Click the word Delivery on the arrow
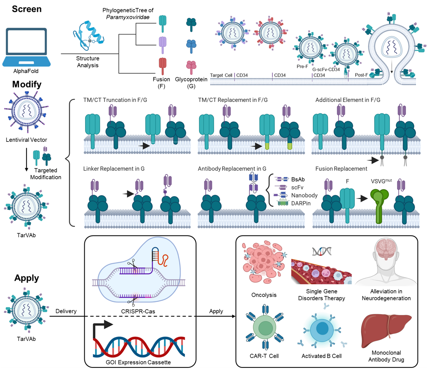tap(66, 311)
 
